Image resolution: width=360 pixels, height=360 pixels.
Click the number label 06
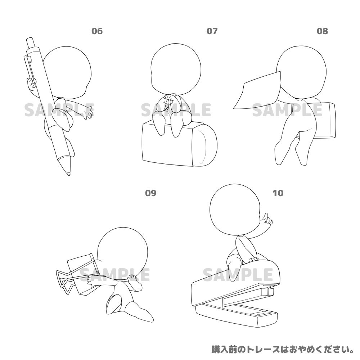coord(97,31)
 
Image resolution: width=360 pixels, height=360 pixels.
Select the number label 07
coord(212,31)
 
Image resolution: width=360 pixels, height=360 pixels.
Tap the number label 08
coord(322,31)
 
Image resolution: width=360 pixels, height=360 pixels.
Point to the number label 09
coord(150,193)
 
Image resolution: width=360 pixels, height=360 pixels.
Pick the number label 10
coord(278,193)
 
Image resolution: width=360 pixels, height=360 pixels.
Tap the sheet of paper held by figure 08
coord(258,90)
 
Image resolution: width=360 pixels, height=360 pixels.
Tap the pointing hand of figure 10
coord(267,220)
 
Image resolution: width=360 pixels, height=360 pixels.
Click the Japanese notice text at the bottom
coord(283,349)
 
